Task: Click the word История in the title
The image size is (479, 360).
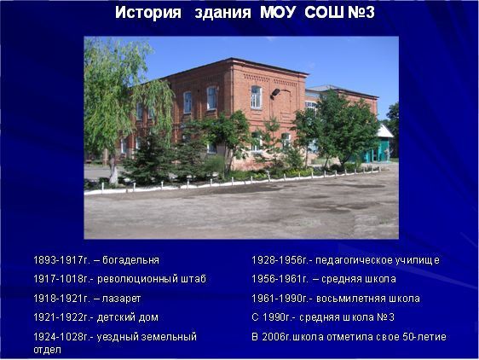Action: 148,13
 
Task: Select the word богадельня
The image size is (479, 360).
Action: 130,260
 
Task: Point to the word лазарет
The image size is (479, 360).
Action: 121,299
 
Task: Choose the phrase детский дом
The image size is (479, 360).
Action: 128,317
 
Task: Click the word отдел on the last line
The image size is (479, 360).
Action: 47,350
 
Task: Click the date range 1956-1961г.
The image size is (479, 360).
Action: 280,279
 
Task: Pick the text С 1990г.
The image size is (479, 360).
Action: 274,317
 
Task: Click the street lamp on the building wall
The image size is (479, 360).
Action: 275,92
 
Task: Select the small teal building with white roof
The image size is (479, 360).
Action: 378,144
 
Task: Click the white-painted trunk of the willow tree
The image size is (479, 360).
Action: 113,175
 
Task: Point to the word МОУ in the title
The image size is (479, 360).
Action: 278,13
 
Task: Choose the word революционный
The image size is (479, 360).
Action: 137,279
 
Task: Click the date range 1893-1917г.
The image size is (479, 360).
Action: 62,260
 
